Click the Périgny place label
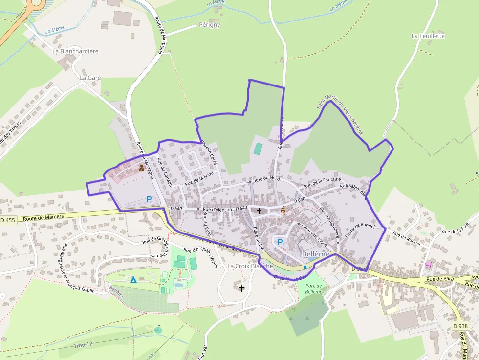[x=210, y=25]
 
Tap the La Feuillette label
[x=428, y=36]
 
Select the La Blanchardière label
[x=76, y=51]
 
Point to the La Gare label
[x=90, y=78]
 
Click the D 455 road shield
[x=8, y=220]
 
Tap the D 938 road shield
[x=460, y=326]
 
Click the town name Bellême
[x=315, y=254]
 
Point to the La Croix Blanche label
[x=250, y=266]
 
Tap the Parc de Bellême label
[x=313, y=288]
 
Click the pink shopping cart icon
[x=428, y=265]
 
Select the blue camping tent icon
[x=133, y=279]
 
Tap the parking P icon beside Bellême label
[x=280, y=242]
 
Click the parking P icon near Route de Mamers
[x=149, y=199]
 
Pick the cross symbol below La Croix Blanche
[x=241, y=288]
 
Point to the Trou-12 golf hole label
[x=83, y=344]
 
